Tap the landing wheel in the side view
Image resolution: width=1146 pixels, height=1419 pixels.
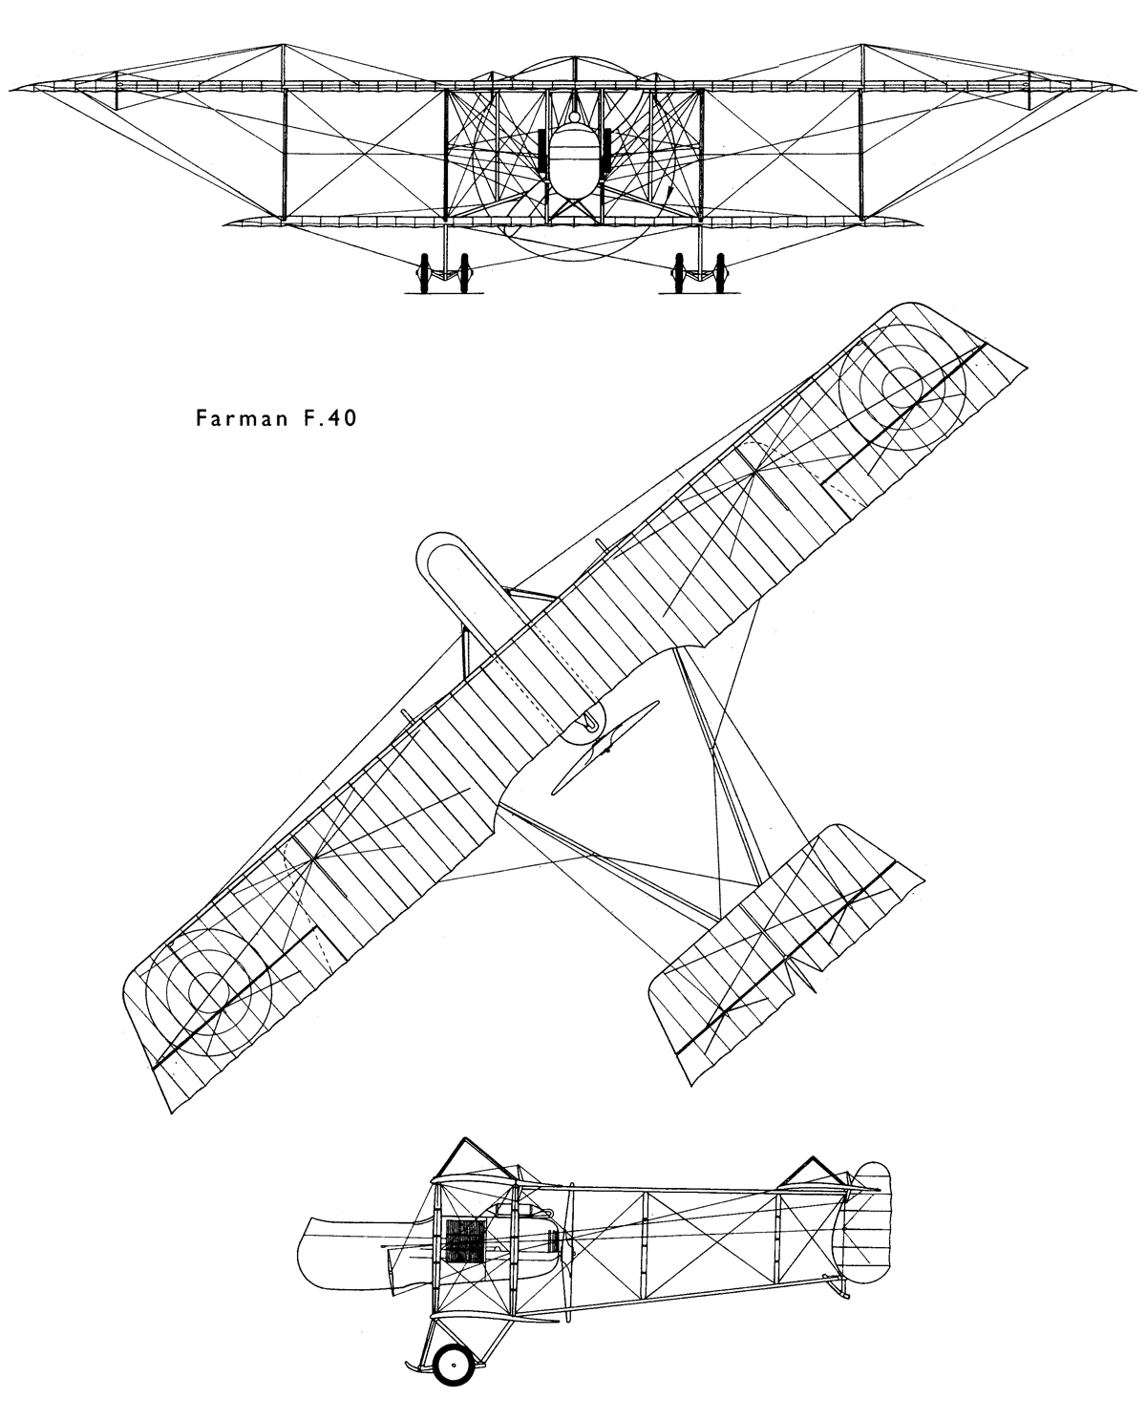(453, 1366)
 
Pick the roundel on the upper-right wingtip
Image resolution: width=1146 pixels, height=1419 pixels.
(902, 387)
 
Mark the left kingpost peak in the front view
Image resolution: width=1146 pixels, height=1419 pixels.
(284, 45)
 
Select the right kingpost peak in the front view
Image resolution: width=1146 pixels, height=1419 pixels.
(861, 45)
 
